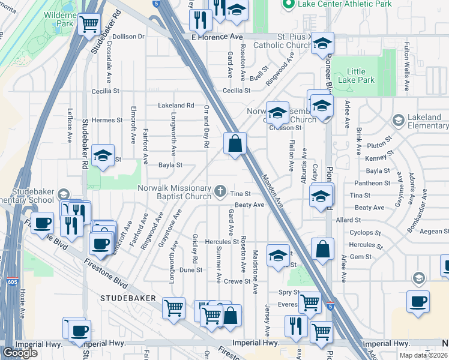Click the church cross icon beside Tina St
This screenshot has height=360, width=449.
[x=220, y=193]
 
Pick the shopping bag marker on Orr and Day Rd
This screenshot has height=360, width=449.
[x=235, y=143]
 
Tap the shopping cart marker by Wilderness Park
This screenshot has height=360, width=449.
[x=89, y=25]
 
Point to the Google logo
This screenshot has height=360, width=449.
[x=20, y=352]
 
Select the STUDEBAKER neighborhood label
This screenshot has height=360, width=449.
[x=128, y=298]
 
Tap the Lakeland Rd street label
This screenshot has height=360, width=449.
[x=176, y=105]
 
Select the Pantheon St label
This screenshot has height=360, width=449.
[x=373, y=183]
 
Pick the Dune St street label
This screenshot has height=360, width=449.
[x=191, y=270]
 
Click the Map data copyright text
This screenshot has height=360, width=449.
[x=423, y=355]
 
